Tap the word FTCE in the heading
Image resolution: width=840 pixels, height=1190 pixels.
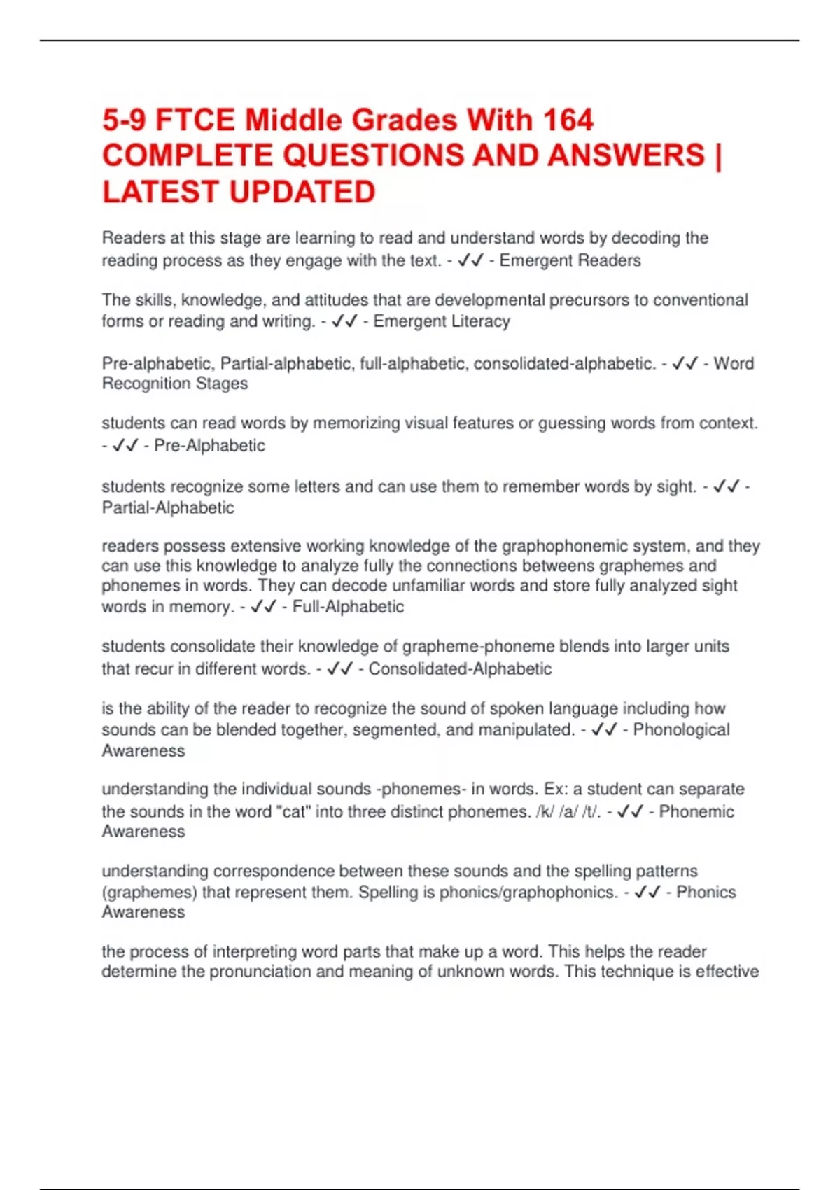(195, 120)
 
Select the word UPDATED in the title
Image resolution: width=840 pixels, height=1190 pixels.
(302, 192)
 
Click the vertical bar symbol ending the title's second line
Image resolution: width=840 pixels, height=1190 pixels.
(718, 155)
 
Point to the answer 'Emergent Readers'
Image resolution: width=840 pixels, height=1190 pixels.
(570, 261)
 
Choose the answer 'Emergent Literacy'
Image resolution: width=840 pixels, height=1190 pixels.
(442, 321)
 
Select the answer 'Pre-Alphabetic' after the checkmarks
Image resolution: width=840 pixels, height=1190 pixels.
(209, 446)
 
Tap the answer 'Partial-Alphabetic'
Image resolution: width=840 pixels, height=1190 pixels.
(168, 508)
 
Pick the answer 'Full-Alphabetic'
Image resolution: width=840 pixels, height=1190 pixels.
(348, 607)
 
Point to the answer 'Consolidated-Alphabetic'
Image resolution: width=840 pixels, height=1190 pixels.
(460, 669)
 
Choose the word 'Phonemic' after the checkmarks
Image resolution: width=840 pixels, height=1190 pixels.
(696, 812)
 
